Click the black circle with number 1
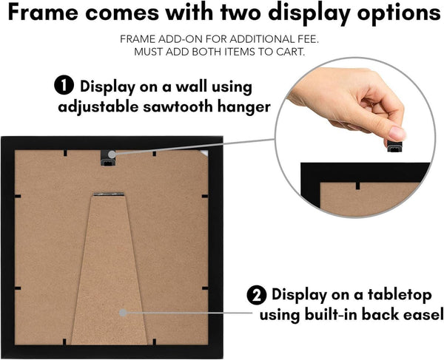click(64, 85)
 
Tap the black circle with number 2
click(257, 295)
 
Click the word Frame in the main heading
click(43, 13)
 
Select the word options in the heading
click(398, 13)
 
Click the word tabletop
click(400, 295)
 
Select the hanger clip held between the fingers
click(394, 146)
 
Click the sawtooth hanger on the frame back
click(108, 157)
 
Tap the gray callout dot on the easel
click(123, 313)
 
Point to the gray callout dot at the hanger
click(112, 154)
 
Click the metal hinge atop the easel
click(109, 194)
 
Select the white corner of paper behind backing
click(204, 153)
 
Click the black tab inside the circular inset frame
click(358, 186)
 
